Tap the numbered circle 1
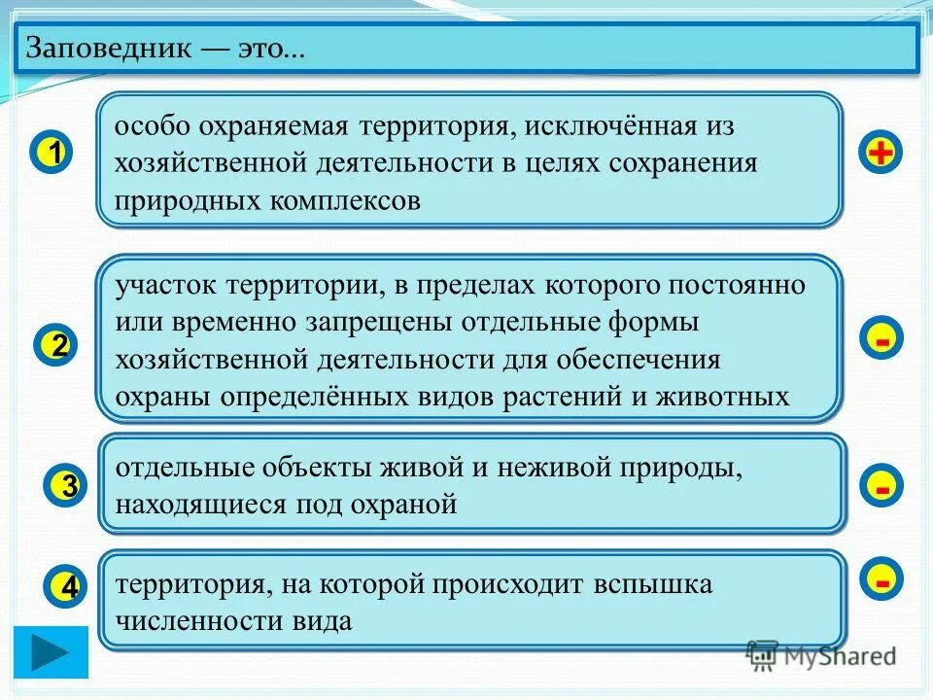pos(54,155)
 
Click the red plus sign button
pos(881,154)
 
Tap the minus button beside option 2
pos(881,339)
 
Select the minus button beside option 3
pos(881,485)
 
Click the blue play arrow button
pos(51,651)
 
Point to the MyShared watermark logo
pos(821,656)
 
